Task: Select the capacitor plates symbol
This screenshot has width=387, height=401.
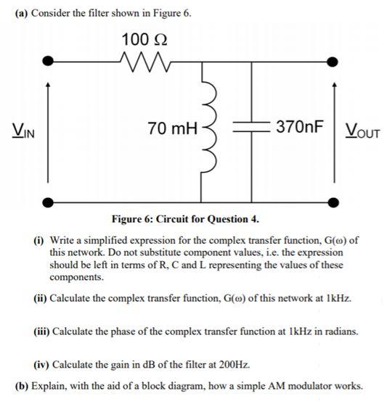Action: [252, 129]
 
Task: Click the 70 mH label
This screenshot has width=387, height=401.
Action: [171, 130]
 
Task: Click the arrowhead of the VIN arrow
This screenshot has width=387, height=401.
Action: [48, 86]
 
